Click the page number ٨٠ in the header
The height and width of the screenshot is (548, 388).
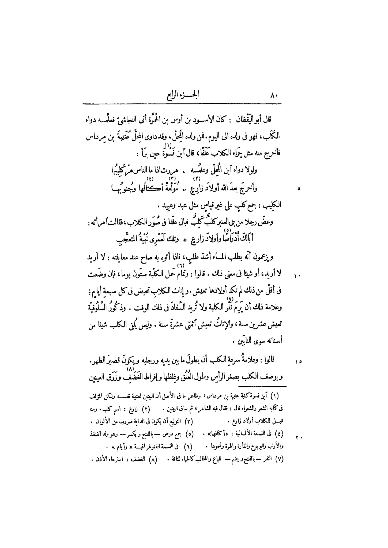click(274, 96)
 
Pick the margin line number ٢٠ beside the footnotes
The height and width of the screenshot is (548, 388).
click(298, 438)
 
